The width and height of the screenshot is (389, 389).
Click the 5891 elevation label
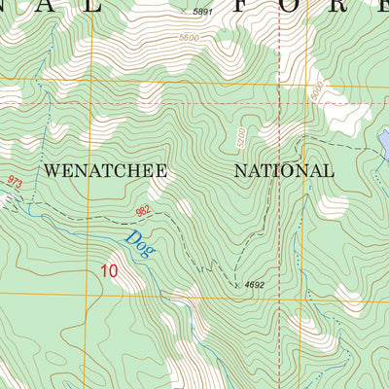[x=202, y=12]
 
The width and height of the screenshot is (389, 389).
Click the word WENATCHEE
[x=106, y=170]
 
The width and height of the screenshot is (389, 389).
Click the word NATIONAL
[x=284, y=170]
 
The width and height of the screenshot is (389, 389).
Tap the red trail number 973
[x=14, y=182]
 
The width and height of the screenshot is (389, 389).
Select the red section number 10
[x=109, y=271]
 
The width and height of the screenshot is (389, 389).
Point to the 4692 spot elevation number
[x=256, y=284]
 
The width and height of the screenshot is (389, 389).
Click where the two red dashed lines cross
[x=279, y=103]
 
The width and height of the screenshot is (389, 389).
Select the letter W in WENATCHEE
[x=52, y=170]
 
